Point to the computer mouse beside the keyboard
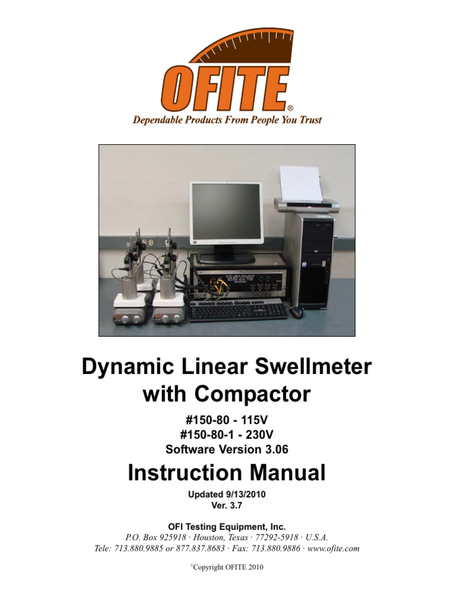click(296, 311)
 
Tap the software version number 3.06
click(276, 449)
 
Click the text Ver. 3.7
click(227, 506)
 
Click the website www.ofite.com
click(334, 548)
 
